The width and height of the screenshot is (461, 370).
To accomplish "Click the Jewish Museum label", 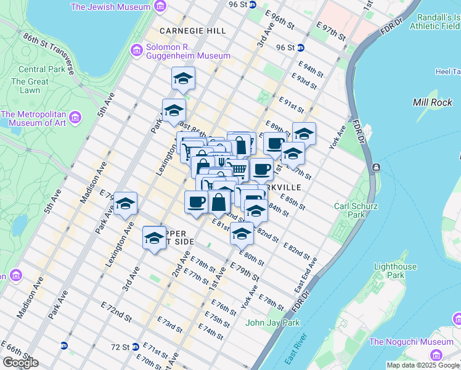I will [x=111, y=7].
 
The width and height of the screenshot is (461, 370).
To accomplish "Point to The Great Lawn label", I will [x=30, y=86].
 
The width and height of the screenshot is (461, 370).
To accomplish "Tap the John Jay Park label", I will [x=272, y=323].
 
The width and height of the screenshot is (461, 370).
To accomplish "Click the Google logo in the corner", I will [x=20, y=363].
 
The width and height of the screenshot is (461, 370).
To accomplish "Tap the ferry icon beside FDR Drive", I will [x=375, y=167].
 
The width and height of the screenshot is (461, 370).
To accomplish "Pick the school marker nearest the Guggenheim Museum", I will [x=183, y=78].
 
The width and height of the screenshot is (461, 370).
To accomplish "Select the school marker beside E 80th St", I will [x=242, y=234].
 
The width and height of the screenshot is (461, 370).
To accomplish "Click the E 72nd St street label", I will [x=115, y=313].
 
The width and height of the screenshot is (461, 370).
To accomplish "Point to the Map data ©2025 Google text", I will [x=423, y=365].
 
